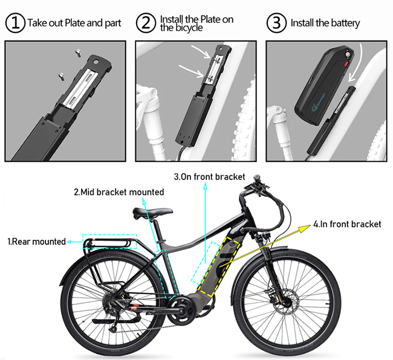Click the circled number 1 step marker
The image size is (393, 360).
click(x=15, y=23)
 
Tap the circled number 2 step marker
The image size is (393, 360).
click(x=146, y=23)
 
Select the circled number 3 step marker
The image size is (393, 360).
click(x=276, y=23)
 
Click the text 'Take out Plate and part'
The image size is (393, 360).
click(x=74, y=23)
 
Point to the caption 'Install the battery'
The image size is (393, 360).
click(x=325, y=23)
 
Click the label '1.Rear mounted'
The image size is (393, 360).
click(x=37, y=242)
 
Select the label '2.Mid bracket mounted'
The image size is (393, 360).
click(x=119, y=192)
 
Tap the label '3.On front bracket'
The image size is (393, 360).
click(x=209, y=177)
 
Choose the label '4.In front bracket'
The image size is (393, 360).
click(x=347, y=224)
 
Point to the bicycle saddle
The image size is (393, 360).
click(x=152, y=213)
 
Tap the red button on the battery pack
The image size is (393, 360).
click(x=346, y=63)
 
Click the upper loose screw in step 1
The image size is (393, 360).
click(x=78, y=53)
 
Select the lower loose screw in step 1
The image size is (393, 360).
click(x=61, y=76)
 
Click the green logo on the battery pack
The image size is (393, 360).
click(x=314, y=107)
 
